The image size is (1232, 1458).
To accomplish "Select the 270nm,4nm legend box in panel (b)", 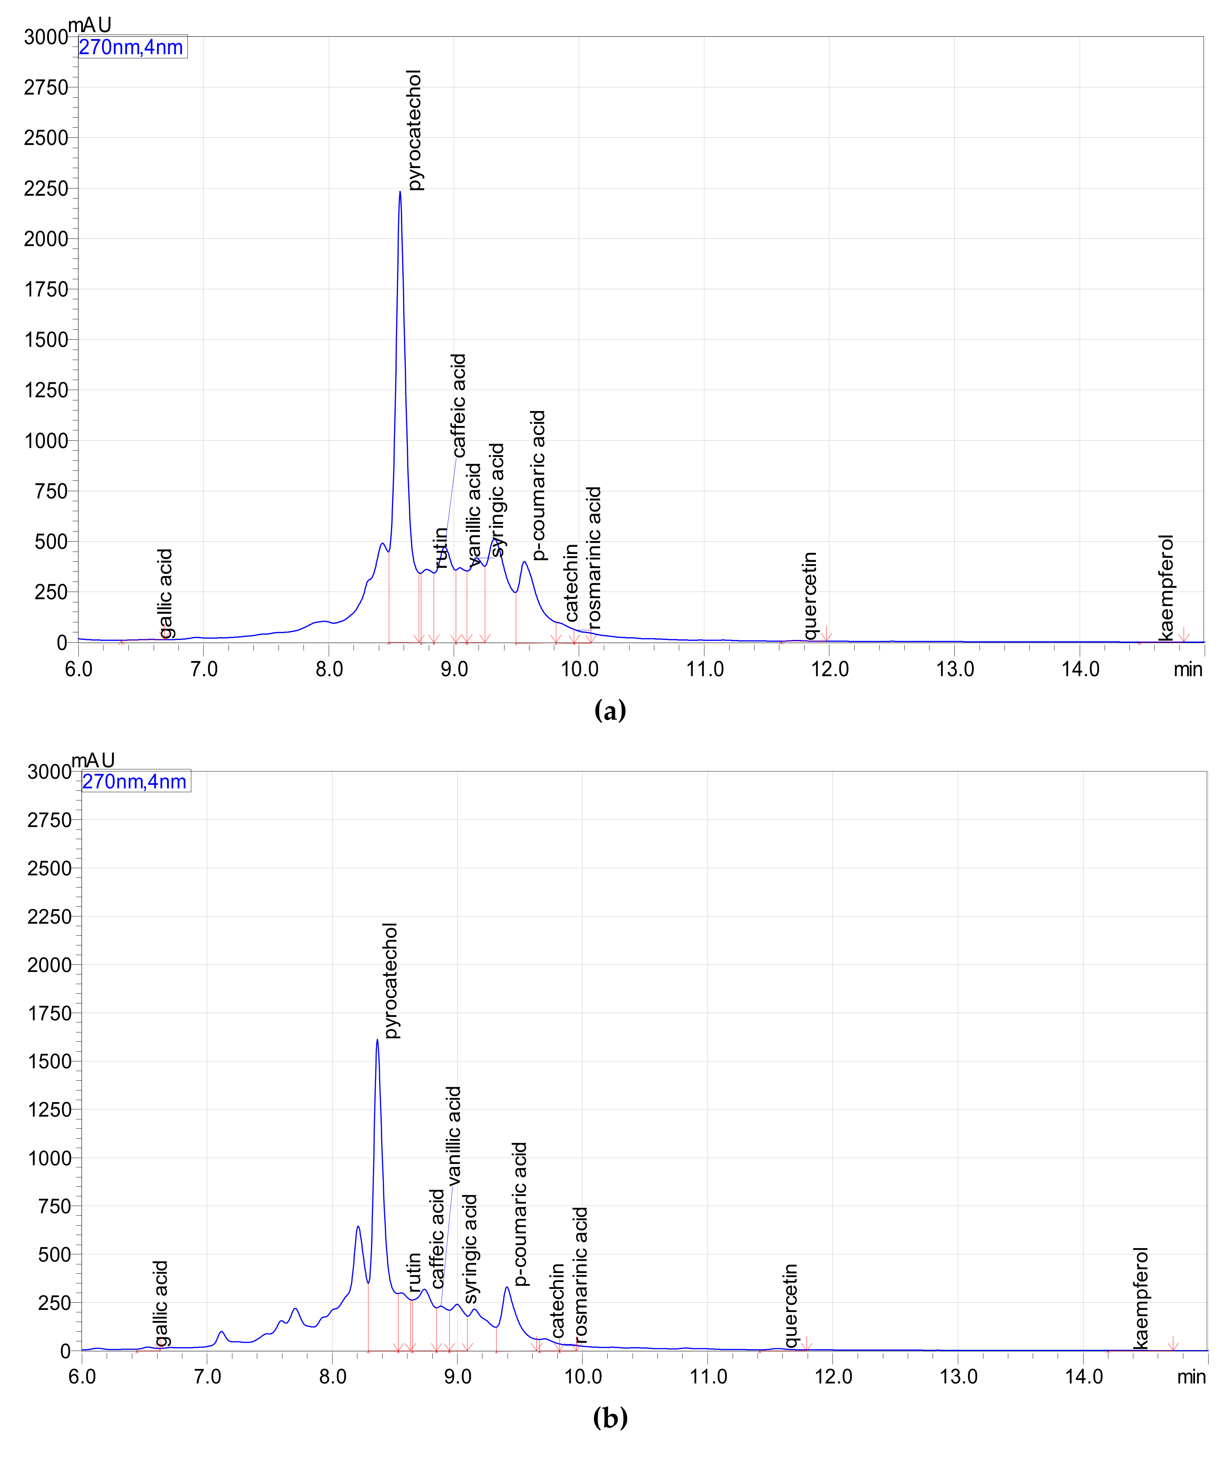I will [135, 781].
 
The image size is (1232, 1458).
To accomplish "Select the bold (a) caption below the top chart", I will [610, 711].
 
